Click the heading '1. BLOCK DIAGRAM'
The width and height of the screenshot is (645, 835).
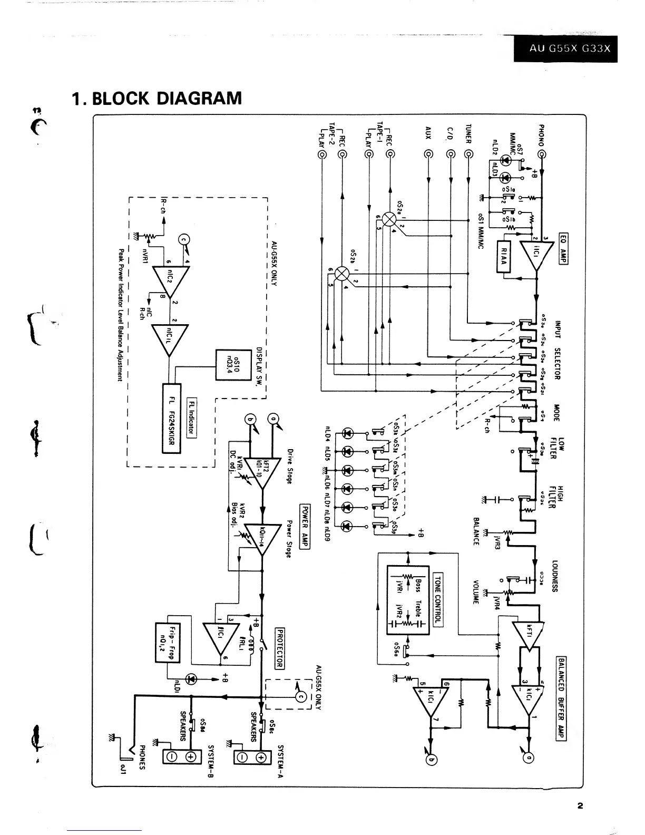point(157,98)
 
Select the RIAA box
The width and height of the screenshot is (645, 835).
point(504,257)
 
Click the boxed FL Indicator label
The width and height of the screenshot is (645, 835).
point(192,417)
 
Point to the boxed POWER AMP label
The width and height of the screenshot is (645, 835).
point(305,527)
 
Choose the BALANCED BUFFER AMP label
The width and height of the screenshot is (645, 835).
point(561,698)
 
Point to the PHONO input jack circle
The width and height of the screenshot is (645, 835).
point(541,154)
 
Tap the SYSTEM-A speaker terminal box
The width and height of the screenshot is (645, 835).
point(252,758)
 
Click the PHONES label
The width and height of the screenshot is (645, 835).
point(142,757)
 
